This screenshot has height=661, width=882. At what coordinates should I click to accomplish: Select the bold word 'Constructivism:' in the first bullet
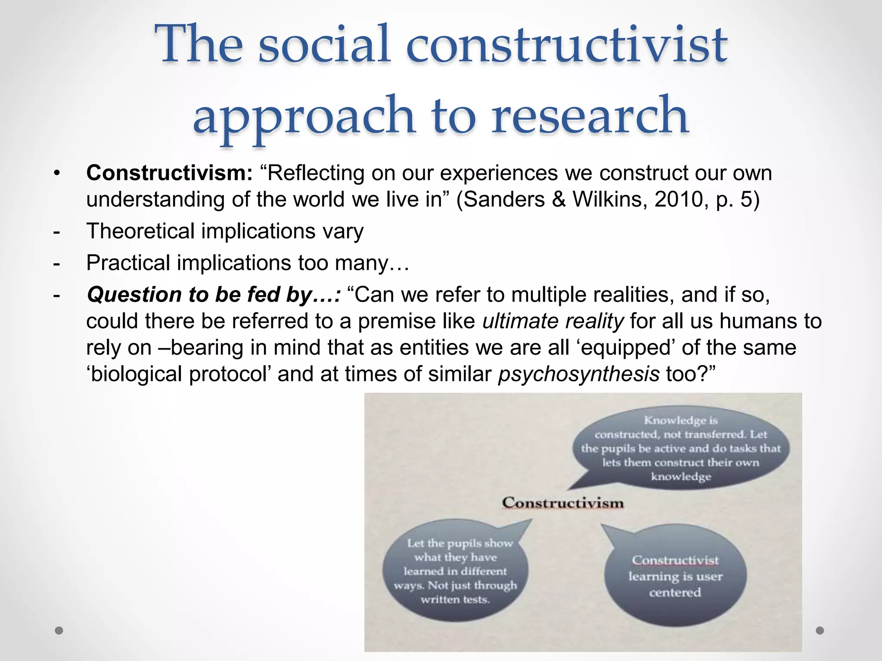(x=169, y=173)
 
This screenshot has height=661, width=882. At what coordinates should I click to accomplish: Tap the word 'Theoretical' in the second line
(x=141, y=231)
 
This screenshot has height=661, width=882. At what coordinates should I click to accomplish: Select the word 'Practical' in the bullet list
(x=128, y=263)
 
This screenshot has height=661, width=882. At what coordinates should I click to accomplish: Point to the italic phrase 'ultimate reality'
(x=553, y=321)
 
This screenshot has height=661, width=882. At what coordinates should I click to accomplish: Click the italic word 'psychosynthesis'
(x=578, y=374)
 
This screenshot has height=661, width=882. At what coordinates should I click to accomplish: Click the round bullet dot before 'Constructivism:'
(x=56, y=174)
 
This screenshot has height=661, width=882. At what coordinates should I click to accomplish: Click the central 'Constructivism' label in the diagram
(x=562, y=503)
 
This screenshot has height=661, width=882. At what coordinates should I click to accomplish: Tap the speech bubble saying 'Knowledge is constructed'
(x=680, y=448)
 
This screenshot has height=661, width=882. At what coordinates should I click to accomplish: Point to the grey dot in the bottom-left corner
(x=59, y=630)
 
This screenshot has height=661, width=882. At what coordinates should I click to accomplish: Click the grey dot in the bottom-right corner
(x=820, y=630)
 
